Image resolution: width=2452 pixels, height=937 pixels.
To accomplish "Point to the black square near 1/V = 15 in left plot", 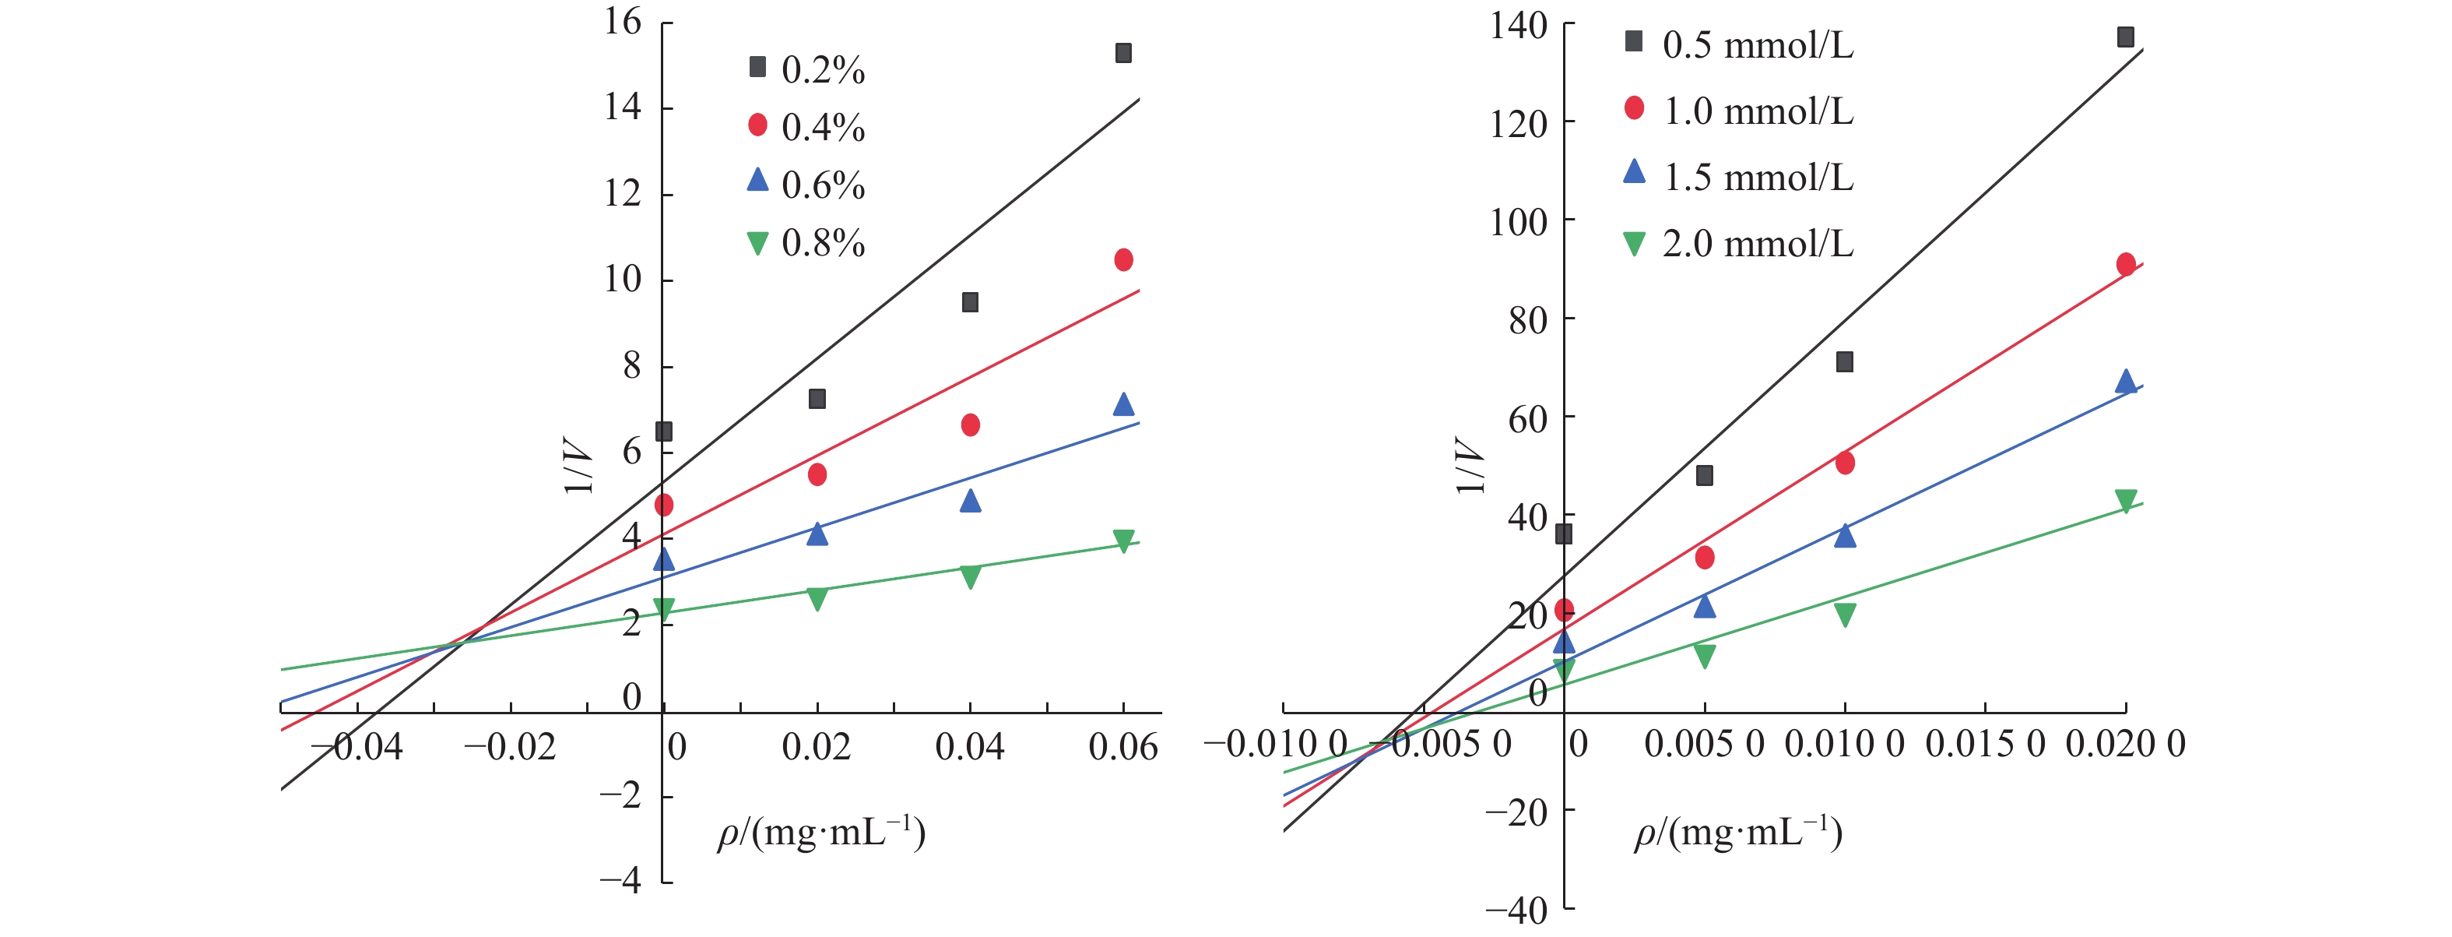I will (x=1123, y=53).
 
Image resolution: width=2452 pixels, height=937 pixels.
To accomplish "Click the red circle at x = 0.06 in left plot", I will (x=1123, y=260).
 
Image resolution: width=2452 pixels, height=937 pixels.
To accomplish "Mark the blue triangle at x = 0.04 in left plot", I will (x=970, y=501).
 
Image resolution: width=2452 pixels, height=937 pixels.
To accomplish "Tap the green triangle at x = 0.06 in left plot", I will (x=1123, y=541).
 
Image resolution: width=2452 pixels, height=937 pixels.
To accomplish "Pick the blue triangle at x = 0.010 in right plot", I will (x=1845, y=535).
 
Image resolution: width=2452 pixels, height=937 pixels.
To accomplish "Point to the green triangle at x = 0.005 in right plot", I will (x=1705, y=655).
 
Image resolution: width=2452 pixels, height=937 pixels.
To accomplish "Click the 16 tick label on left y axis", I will (x=624, y=21).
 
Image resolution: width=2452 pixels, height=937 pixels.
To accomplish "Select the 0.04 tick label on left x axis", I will (x=969, y=746).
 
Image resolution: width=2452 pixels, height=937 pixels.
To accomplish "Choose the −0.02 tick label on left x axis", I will (x=509, y=746).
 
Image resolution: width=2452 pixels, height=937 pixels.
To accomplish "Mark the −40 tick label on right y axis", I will (x=1516, y=911).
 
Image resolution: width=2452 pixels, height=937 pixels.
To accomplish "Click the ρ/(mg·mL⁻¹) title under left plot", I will (x=820, y=833).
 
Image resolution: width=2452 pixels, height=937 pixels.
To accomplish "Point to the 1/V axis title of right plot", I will (x=1470, y=466).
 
